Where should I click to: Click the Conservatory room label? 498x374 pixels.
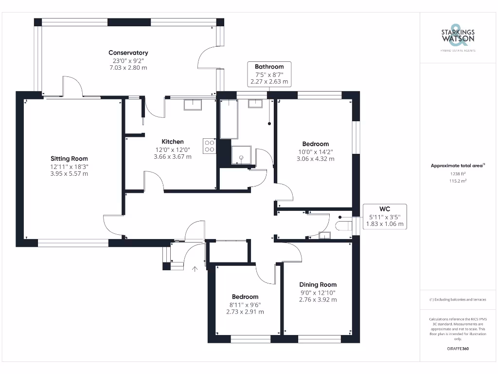(x=128, y=53)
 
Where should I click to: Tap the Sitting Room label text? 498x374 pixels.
(x=69, y=158)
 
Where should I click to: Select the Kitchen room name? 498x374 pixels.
(x=173, y=142)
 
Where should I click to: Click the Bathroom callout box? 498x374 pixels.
(x=269, y=75)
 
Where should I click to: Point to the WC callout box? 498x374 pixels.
(x=385, y=217)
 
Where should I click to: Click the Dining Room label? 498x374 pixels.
(x=318, y=284)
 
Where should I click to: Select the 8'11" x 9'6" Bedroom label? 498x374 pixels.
(x=245, y=297)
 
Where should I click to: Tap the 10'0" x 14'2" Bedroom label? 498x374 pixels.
(x=315, y=144)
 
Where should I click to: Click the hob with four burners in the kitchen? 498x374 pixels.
(x=210, y=146)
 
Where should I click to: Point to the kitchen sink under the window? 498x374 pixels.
(x=193, y=104)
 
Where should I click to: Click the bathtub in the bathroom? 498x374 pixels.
(x=229, y=119)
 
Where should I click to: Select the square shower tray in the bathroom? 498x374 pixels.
(x=241, y=155)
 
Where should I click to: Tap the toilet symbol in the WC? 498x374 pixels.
(x=344, y=225)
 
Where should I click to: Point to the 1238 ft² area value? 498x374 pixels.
(x=458, y=173)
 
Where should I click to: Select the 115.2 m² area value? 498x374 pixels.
(x=458, y=181)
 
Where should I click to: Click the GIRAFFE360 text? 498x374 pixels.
(x=458, y=349)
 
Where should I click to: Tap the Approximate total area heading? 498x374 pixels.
(x=458, y=166)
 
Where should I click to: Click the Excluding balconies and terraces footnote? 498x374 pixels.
(x=458, y=299)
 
